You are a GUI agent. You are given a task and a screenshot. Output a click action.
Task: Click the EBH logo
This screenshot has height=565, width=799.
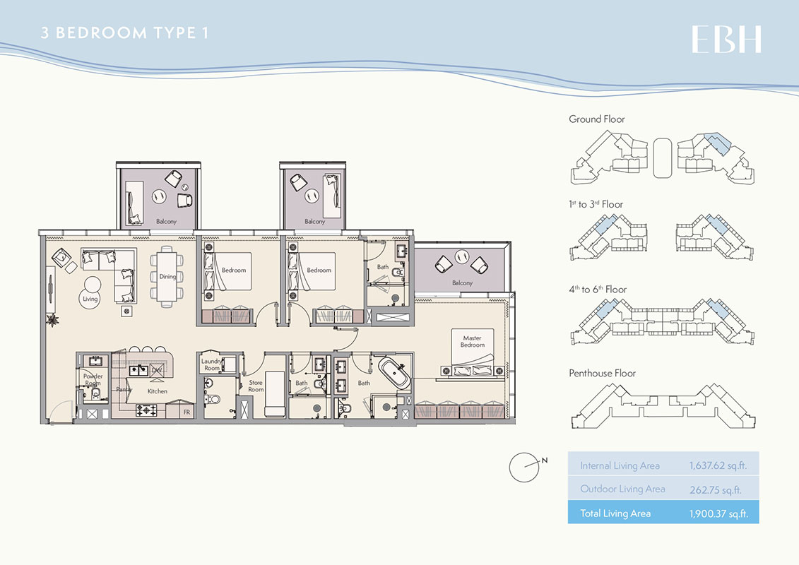pyautogui.click(x=726, y=40)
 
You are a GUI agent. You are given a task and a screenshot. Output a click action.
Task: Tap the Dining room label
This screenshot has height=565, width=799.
pyautogui.click(x=167, y=277)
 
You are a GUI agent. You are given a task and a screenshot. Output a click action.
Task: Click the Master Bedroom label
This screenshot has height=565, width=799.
pyautogui.click(x=473, y=342)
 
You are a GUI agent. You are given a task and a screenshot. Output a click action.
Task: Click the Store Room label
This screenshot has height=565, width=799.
pyautogui.click(x=256, y=386)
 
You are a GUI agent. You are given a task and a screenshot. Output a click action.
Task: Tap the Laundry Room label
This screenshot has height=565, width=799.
pyautogui.click(x=211, y=365)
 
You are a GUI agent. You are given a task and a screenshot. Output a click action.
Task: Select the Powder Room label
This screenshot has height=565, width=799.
pyautogui.click(x=93, y=380)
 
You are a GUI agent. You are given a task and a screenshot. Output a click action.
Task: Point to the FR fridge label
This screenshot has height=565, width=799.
pyautogui.click(x=187, y=411)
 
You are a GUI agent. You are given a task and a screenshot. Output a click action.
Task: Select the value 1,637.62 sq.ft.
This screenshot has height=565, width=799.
pyautogui.click(x=718, y=466)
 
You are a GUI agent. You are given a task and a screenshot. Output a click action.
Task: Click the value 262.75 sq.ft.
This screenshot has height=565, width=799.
pyautogui.click(x=715, y=489)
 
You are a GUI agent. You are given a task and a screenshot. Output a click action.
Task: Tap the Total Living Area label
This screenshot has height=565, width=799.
pyautogui.click(x=615, y=513)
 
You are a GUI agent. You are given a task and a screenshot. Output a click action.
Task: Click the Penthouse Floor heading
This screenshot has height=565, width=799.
pyautogui.click(x=603, y=373)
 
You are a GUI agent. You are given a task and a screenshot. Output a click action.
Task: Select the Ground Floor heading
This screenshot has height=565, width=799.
pyautogui.click(x=597, y=119)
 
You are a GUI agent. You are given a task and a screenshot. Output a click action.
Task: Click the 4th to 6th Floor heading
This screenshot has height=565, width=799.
pyautogui.click(x=598, y=289)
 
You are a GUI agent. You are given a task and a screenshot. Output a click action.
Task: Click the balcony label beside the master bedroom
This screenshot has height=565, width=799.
pyautogui.click(x=462, y=283)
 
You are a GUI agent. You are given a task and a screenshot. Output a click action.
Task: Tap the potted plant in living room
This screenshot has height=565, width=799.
pyautogui.click(x=52, y=320)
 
